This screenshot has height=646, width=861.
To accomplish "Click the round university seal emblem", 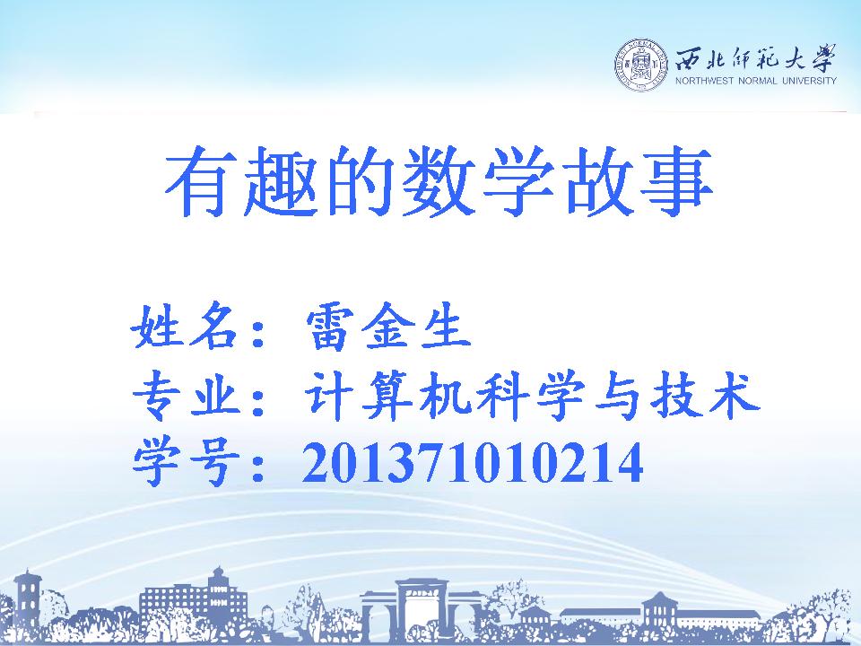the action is coord(640,65).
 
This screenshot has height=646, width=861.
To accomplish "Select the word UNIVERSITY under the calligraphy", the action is coord(809,81).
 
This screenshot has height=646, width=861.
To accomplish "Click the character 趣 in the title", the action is coord(281,180).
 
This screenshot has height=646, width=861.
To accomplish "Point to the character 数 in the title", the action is coord(439,180).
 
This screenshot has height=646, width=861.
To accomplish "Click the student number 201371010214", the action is coord(473,463).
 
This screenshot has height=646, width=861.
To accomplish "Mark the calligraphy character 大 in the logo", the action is coord(793,57).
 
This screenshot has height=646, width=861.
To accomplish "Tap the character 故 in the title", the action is coord(597,180).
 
